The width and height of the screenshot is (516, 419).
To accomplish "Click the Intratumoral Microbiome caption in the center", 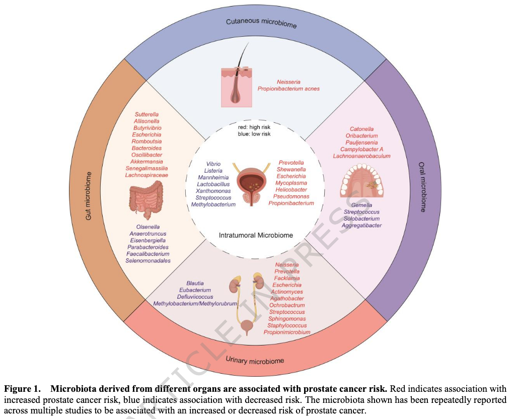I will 256,235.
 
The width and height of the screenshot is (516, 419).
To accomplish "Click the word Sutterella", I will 146,115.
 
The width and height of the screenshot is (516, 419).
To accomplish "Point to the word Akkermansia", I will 146,162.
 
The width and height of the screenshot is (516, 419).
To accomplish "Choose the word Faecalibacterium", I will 148,254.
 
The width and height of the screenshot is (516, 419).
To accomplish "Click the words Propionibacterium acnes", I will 288,89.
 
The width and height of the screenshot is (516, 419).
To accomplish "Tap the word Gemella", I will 362,205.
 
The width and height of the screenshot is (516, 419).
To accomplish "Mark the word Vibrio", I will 213,164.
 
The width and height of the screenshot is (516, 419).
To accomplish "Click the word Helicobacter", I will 291,190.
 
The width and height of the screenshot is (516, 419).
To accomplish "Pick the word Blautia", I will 195,284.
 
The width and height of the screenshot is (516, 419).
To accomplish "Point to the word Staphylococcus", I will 287,326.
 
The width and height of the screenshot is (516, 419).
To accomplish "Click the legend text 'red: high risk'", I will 254,127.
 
